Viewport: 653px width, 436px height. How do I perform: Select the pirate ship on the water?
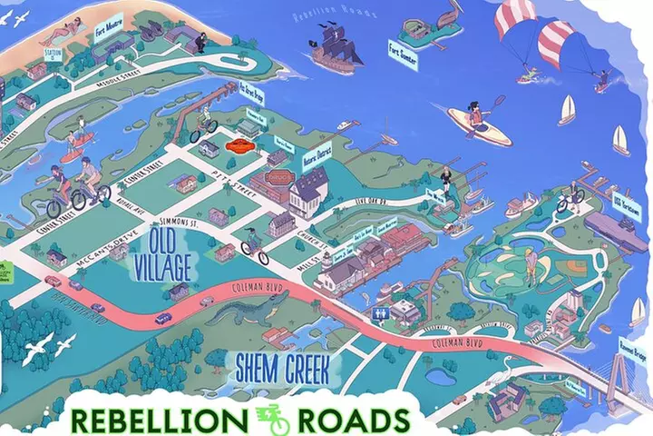336,46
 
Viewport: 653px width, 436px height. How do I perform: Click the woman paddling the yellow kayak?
477,118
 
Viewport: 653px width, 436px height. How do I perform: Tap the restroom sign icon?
379,313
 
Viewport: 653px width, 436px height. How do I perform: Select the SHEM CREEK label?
288,369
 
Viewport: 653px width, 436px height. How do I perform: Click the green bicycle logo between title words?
272,419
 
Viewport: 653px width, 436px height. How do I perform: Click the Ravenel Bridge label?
630,347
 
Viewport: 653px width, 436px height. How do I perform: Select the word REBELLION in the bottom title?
155,421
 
